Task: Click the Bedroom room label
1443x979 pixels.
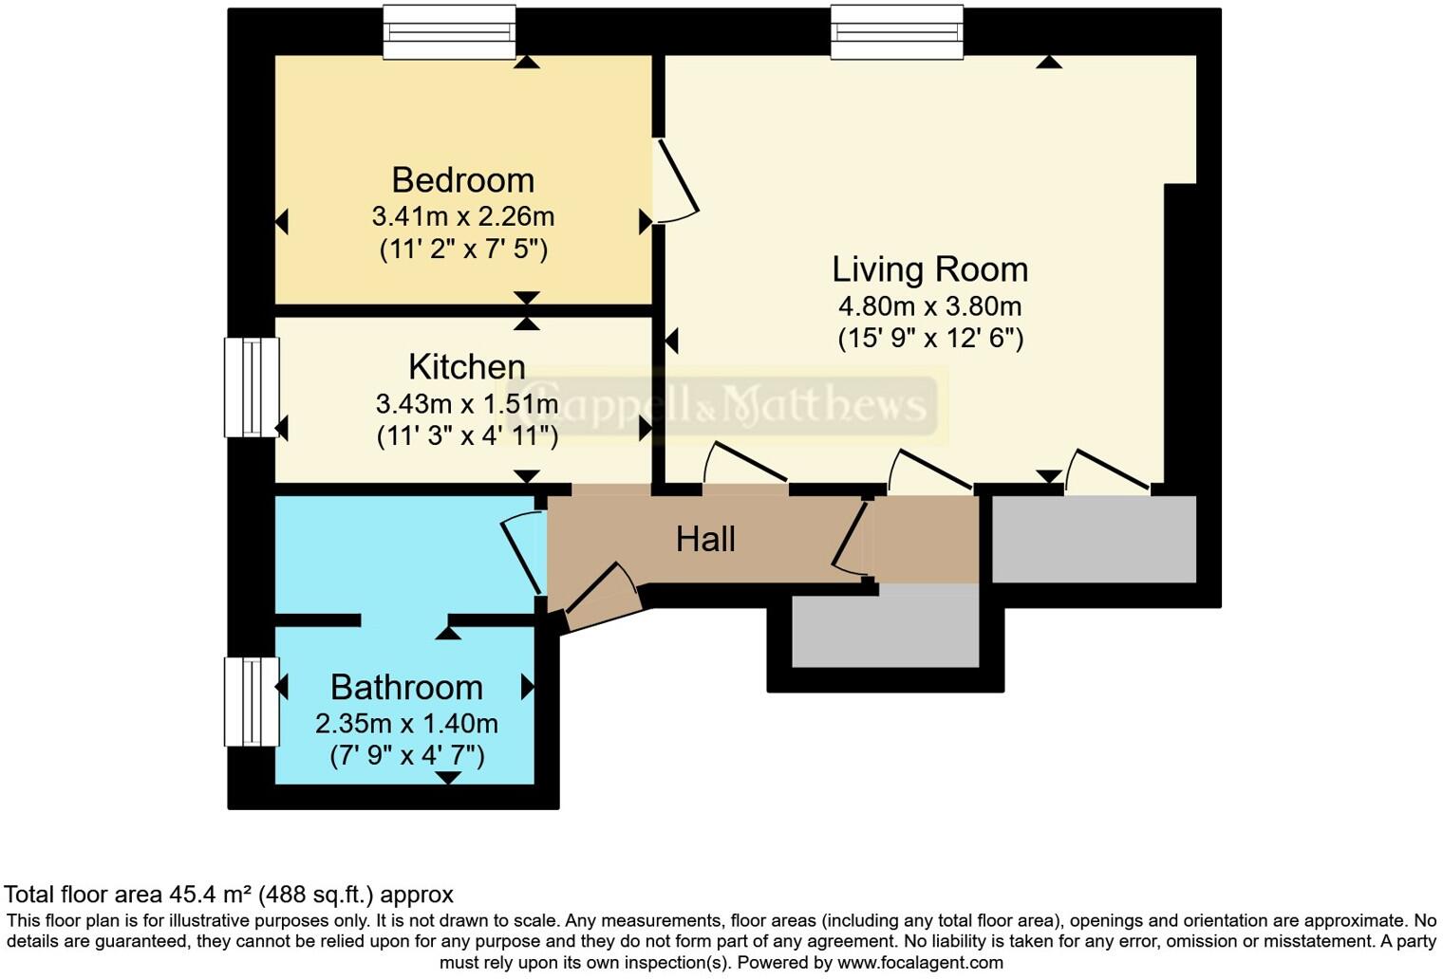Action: tap(462, 180)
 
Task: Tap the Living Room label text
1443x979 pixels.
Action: tap(929, 269)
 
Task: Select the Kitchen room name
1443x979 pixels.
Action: tap(466, 366)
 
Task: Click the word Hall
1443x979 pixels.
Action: tap(705, 539)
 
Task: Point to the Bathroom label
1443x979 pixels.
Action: tap(406, 687)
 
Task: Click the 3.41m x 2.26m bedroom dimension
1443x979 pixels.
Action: tap(462, 216)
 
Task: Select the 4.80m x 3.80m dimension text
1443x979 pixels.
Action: tap(929, 306)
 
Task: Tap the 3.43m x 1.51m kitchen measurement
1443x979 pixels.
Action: tap(466, 404)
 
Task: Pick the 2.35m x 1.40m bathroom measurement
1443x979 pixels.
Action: tap(406, 724)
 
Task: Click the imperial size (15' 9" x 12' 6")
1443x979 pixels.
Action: tap(929, 339)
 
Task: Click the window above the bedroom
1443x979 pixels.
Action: tap(449, 32)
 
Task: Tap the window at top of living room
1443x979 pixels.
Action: tap(897, 32)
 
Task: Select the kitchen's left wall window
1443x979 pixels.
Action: tap(252, 387)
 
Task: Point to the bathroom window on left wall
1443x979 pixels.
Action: tap(252, 702)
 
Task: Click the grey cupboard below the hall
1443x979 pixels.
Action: tap(885, 626)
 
